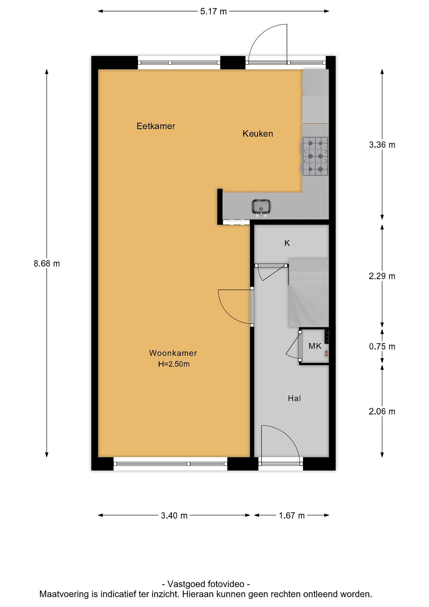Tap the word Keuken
coord(258,134)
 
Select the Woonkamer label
coord(173,353)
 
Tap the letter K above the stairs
coord(287,243)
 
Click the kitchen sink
coord(261,207)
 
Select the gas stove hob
coord(314,157)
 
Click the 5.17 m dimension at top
coord(213,11)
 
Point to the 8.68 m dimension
coord(47,264)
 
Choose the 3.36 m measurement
coord(382,145)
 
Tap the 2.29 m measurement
coord(382,276)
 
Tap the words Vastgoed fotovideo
coord(206,584)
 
